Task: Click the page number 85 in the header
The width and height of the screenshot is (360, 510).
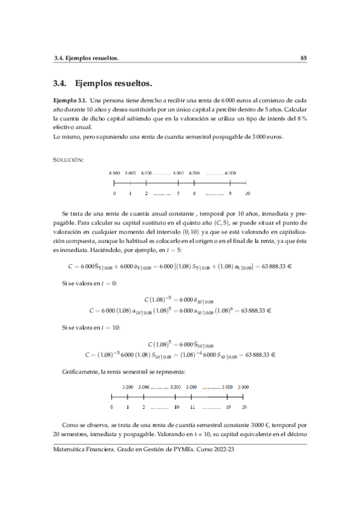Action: (x=304, y=58)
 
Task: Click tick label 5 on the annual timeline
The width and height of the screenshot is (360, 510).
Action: (x=178, y=194)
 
